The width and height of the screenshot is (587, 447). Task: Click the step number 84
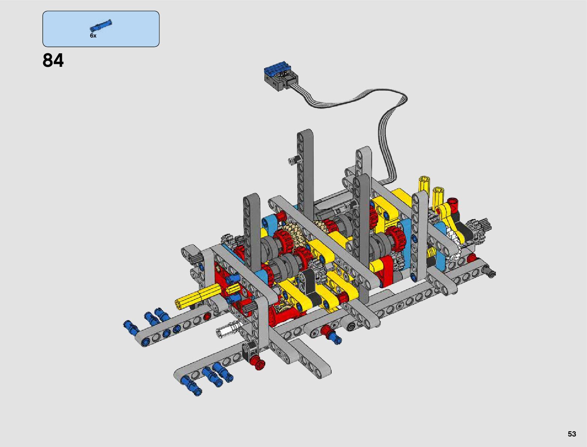coord(53,60)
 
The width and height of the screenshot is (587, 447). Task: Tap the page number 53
coord(572,433)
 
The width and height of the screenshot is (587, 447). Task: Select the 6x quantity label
coord(93,36)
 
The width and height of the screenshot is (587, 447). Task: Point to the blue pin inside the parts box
coord(101,26)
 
